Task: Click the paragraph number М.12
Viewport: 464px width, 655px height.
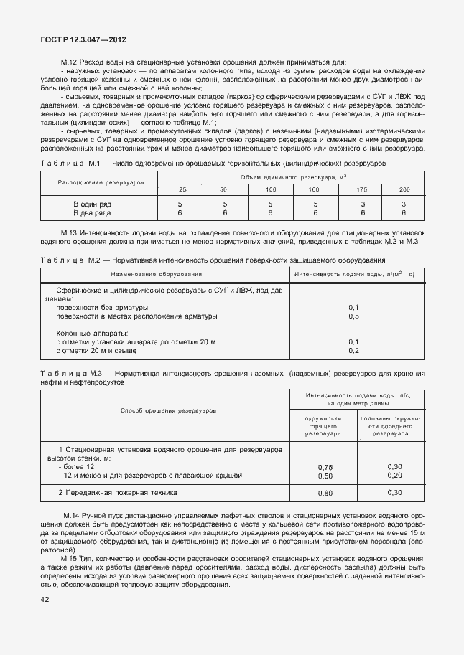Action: coord(70,62)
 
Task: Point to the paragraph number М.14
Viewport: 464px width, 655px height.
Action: coord(72,517)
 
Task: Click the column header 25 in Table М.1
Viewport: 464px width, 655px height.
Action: coord(182,189)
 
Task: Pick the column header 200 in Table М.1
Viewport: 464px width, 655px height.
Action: coord(404,189)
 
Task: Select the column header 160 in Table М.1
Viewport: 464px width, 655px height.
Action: coord(314,189)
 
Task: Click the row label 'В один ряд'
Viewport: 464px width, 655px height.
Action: coord(93,204)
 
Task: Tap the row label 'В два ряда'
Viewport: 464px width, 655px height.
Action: coord(93,213)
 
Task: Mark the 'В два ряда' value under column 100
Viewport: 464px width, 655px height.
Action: coord(270,213)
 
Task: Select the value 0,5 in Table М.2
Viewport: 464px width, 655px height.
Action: coord(353,316)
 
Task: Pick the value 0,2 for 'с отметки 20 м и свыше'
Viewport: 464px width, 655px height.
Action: coord(353,350)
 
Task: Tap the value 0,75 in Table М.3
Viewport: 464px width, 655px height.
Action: coord(325,467)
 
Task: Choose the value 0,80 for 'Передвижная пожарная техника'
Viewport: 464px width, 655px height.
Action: coord(325,494)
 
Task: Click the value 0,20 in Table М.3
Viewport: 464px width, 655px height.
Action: coord(394,475)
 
